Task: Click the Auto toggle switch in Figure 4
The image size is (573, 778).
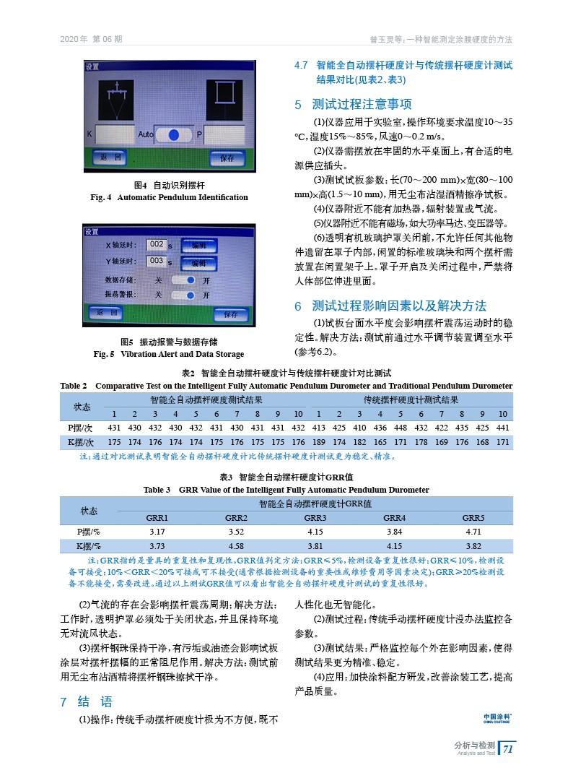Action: pyautogui.click(x=172, y=135)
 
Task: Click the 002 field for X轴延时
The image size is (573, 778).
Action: pyautogui.click(x=157, y=245)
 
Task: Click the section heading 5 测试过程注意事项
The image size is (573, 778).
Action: pyautogui.click(x=353, y=104)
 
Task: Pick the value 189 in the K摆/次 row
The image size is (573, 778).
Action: pyautogui.click(x=319, y=441)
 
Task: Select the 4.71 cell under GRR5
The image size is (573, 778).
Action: pyautogui.click(x=473, y=532)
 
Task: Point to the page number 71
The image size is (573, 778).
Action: pyautogui.click(x=508, y=749)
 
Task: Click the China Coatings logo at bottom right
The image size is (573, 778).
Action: pyautogui.click(x=497, y=717)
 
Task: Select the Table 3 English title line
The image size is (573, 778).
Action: pyautogui.click(x=286, y=490)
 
